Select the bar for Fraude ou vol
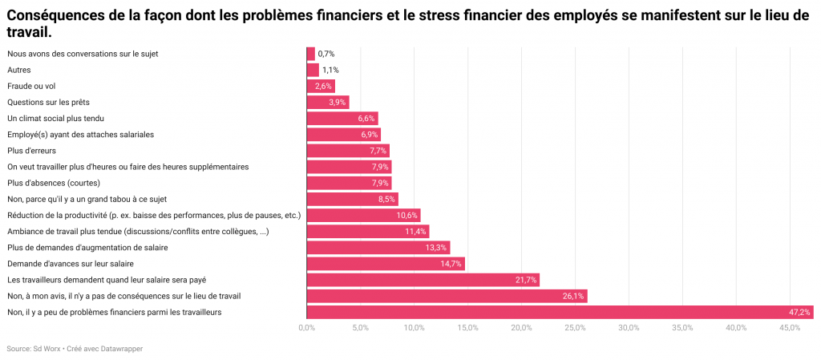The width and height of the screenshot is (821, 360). point(321,86)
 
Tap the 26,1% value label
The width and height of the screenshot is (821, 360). point(573,296)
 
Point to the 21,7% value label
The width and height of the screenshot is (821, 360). point(526,280)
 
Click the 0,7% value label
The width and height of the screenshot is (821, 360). point(326,54)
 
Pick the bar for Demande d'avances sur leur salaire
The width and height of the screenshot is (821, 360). point(386,264)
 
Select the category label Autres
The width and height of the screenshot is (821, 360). point(18,70)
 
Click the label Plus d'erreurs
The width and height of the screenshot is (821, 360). point(32,150)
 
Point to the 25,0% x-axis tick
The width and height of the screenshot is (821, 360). point(575,328)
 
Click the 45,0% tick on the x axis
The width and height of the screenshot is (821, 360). point(790,328)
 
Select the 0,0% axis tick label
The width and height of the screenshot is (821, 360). point(306,328)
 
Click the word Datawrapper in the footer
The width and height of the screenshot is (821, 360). point(122,349)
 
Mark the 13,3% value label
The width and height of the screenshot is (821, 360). point(436,248)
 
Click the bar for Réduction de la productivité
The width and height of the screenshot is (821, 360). point(363,215)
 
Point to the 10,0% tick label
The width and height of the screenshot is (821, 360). point(414,328)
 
